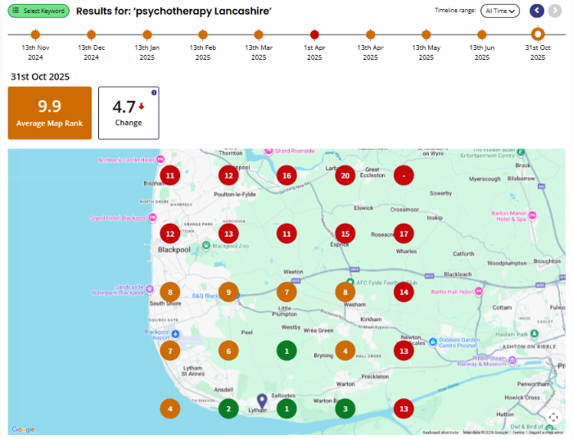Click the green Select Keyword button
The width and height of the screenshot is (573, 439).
(x=38, y=11)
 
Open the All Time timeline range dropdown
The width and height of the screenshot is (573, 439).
(x=501, y=11)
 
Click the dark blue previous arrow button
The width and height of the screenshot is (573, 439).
(x=537, y=11)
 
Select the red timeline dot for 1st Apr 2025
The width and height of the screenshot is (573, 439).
(x=315, y=34)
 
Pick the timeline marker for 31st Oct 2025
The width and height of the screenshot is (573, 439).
(x=538, y=34)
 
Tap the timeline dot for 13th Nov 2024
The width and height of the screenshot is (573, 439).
(x=35, y=34)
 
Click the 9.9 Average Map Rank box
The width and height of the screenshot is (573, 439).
(x=50, y=113)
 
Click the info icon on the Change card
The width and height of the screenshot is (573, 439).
(x=153, y=93)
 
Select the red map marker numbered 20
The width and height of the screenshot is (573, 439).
(x=345, y=175)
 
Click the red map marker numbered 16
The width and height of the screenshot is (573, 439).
(x=286, y=175)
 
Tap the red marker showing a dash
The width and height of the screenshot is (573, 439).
(x=404, y=175)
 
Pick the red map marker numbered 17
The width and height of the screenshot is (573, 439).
(x=404, y=233)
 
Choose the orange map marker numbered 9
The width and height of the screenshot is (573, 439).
(x=228, y=292)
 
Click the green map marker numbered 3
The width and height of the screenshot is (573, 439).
(x=345, y=409)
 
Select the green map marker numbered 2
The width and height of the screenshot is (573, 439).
(x=228, y=409)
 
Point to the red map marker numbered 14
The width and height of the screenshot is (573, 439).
(x=404, y=292)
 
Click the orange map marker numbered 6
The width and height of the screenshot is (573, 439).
(x=228, y=351)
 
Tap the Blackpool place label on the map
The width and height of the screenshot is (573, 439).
(x=174, y=249)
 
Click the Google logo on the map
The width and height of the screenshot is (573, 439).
(x=23, y=430)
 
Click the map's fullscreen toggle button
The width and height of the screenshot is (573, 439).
(x=553, y=416)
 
